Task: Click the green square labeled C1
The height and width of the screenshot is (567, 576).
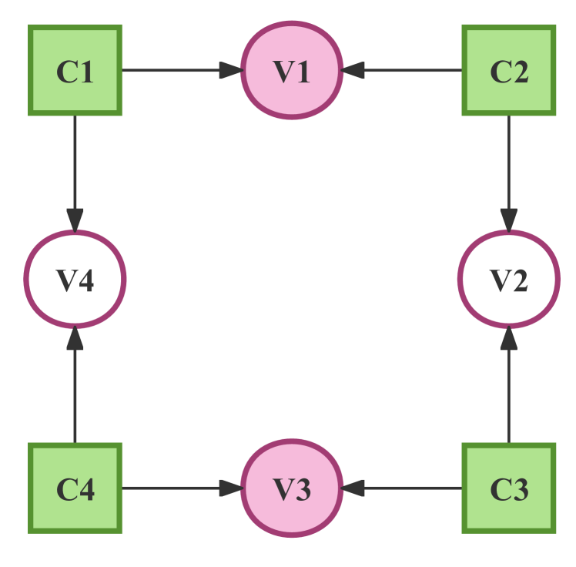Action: [x=75, y=71]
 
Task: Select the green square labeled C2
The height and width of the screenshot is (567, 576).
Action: [x=508, y=71]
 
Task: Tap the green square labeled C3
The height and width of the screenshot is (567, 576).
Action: [x=508, y=488]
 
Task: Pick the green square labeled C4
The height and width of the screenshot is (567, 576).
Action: [x=75, y=488]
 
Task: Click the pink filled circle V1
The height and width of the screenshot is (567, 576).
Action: [x=292, y=71]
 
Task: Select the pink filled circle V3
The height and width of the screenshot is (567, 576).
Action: [x=292, y=488]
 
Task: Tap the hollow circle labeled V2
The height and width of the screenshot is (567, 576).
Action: [x=508, y=279]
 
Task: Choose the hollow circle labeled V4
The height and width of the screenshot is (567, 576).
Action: [x=75, y=279]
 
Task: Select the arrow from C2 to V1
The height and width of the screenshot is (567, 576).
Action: [x=408, y=71]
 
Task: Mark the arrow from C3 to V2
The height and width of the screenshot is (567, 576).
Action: [x=508, y=393]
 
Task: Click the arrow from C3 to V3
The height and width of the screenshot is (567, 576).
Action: [x=408, y=488]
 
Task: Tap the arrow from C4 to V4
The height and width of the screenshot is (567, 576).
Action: [x=75, y=393]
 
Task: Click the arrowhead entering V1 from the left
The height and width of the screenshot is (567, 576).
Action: [x=231, y=71]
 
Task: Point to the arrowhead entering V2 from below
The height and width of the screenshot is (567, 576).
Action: [x=508, y=338]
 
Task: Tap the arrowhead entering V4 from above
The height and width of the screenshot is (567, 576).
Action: [x=75, y=220]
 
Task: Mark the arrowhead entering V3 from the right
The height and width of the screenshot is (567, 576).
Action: [x=353, y=488]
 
